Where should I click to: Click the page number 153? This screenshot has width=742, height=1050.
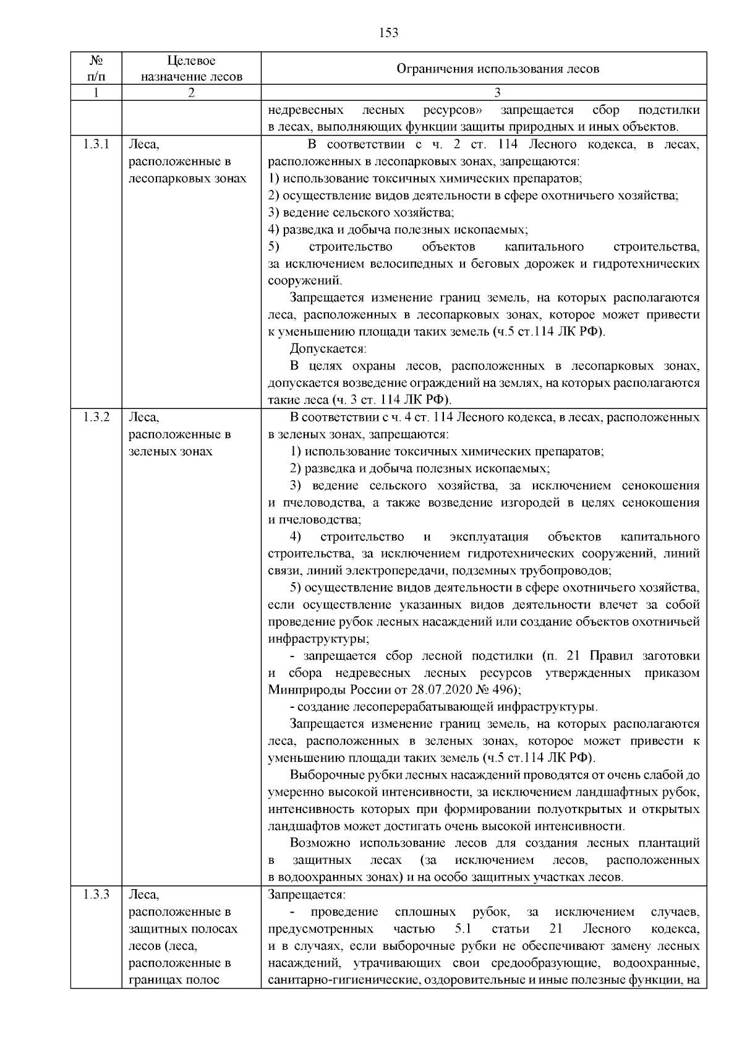click(388, 33)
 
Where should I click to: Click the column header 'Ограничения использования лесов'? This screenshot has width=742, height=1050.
click(497, 69)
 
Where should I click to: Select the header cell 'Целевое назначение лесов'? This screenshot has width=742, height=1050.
click(191, 69)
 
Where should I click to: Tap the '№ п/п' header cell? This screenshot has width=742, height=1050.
click(96, 69)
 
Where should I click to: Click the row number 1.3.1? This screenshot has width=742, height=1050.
click(96, 145)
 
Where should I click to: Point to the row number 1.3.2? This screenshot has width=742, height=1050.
click(96, 417)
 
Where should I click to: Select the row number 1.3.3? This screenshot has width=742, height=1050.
click(96, 895)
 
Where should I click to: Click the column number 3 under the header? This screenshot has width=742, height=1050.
click(497, 93)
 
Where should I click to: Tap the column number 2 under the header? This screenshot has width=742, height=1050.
click(191, 93)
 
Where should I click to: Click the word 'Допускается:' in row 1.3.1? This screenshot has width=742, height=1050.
click(328, 348)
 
